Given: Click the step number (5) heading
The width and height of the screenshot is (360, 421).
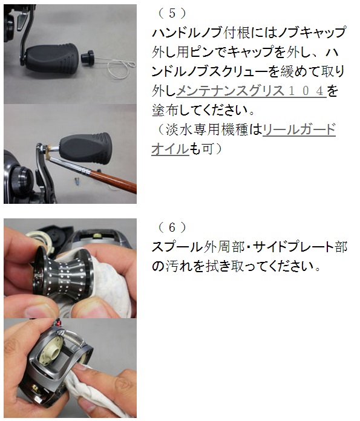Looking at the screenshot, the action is pyautogui.click(x=172, y=14).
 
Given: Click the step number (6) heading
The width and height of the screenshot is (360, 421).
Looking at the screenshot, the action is pyautogui.click(x=172, y=227).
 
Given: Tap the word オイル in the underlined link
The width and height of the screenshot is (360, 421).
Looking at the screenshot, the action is pyautogui.click(x=171, y=149).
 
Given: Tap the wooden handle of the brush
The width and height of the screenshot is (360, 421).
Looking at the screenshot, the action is pyautogui.click(x=113, y=180).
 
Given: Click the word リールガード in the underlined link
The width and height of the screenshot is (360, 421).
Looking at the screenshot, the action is pyautogui.click(x=299, y=129).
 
